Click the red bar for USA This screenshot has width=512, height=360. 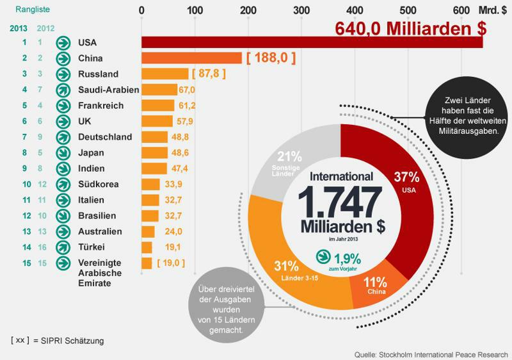312,42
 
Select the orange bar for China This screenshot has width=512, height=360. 191,58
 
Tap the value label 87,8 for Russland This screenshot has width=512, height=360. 209,74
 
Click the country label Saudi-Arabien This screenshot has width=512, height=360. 104,90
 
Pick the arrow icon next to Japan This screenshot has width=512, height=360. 63,152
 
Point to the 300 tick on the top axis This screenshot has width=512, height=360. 300,10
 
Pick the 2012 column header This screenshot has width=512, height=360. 45,28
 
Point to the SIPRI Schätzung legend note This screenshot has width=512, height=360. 57,341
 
